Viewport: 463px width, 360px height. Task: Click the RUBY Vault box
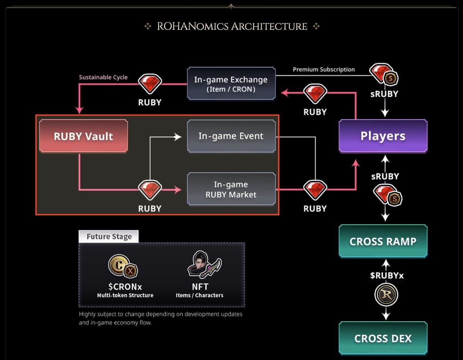click(x=83, y=136)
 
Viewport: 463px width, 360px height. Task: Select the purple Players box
click(x=383, y=136)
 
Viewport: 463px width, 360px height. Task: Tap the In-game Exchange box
click(x=231, y=84)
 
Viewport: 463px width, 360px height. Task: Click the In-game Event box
click(x=231, y=136)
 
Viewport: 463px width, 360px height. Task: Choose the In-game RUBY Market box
click(x=231, y=189)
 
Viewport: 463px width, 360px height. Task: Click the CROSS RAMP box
click(x=383, y=241)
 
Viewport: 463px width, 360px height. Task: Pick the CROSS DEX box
click(x=383, y=338)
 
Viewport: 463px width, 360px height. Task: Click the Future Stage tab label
click(x=109, y=237)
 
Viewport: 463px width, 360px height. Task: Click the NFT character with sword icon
click(x=204, y=265)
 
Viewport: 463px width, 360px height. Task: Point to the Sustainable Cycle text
click(x=103, y=77)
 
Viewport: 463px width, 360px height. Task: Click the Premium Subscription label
click(x=323, y=69)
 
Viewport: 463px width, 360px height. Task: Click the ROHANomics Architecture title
click(x=232, y=26)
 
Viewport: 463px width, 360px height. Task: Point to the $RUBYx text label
click(x=387, y=276)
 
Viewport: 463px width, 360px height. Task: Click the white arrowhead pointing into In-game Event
click(x=178, y=136)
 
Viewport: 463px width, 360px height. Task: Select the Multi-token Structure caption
click(x=125, y=295)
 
